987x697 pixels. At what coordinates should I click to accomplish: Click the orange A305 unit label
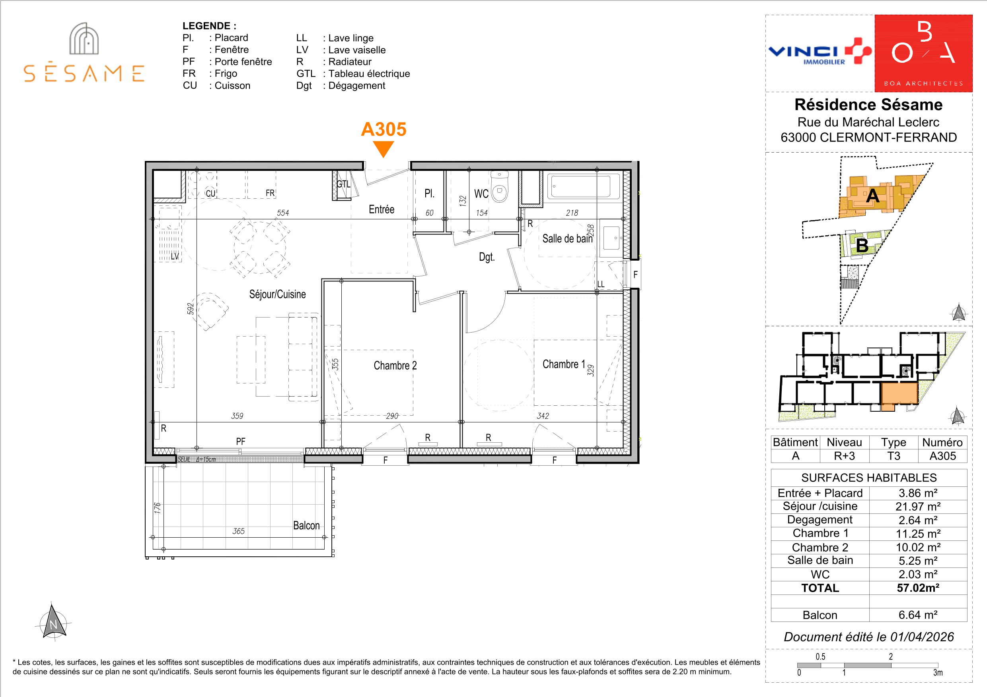tap(384, 129)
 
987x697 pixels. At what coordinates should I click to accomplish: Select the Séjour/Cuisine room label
tap(277, 294)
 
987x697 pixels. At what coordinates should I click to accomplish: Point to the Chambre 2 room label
tap(395, 366)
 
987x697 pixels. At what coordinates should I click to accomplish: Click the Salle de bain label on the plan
tap(567, 238)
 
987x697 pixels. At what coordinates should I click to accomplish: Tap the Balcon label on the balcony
tap(306, 525)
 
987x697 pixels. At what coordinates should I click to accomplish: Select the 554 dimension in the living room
tap(283, 213)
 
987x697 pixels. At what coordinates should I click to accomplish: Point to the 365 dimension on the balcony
tap(238, 531)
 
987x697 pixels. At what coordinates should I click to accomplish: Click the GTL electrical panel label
tap(343, 184)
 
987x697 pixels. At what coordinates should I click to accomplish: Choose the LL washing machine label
tap(601, 284)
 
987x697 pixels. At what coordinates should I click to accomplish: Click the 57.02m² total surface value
tap(918, 588)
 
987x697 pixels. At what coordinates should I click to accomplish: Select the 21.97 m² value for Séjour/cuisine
tap(918, 507)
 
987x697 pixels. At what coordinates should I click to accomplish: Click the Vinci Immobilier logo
tap(820, 52)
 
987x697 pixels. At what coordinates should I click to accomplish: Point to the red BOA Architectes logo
tap(923, 53)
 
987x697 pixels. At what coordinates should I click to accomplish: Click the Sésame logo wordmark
tap(84, 73)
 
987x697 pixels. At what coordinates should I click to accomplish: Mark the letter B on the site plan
tap(862, 246)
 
